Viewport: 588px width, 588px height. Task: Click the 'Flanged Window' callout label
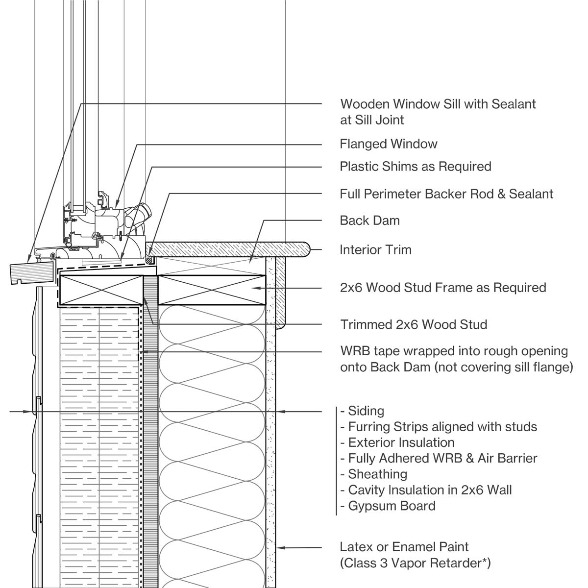click(388, 144)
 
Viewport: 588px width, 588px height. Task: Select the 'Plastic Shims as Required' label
click(415, 167)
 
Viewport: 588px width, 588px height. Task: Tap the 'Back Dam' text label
click(369, 220)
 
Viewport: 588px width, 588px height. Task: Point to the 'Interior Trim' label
click(375, 250)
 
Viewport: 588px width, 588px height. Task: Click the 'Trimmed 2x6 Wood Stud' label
click(414, 324)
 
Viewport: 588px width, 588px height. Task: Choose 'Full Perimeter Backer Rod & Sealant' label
click(446, 194)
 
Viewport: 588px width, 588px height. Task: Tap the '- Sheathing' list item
click(374, 474)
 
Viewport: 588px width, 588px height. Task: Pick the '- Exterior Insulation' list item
click(397, 442)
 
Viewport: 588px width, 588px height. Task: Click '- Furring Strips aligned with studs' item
click(439, 427)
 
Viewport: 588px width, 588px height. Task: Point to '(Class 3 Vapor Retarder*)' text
click(415, 563)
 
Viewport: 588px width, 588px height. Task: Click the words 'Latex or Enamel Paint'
click(404, 547)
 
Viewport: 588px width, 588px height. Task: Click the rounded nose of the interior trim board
click(306, 249)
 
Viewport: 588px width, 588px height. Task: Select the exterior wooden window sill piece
click(32, 272)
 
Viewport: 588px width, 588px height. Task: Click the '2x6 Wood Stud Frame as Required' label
click(442, 288)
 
